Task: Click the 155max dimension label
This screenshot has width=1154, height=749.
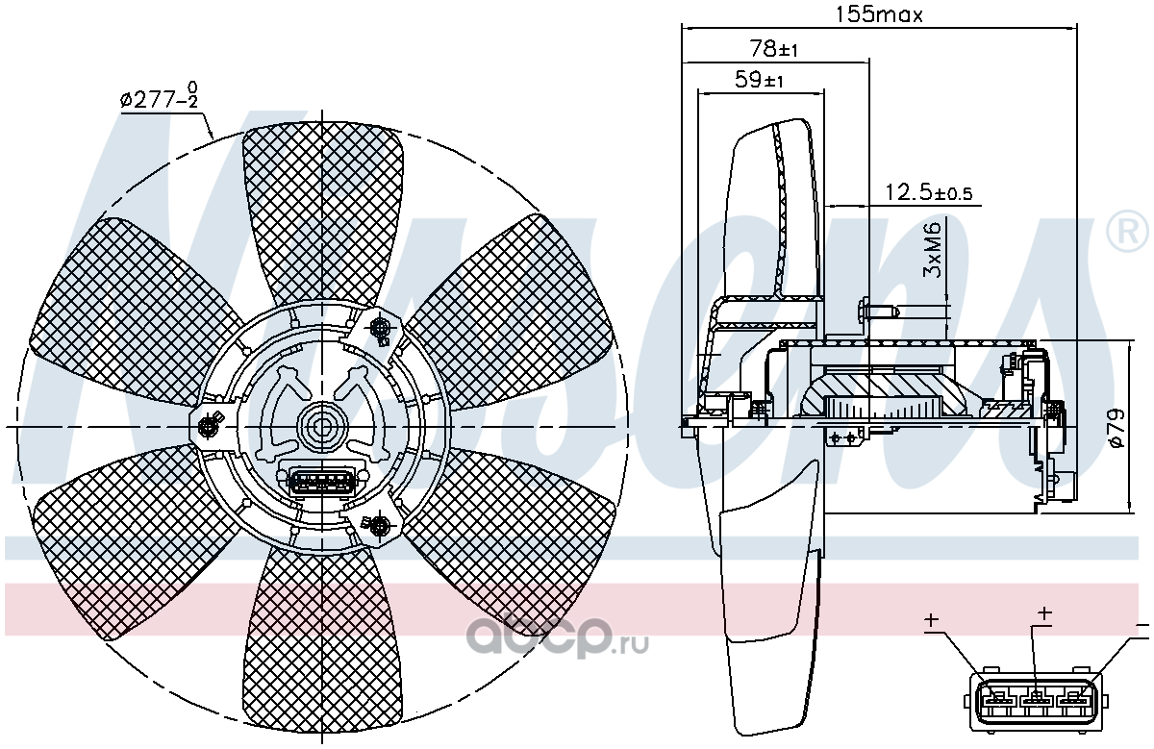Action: click(878, 15)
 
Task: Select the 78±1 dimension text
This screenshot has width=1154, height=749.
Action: click(773, 49)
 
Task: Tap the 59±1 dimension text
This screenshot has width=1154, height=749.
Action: click(759, 80)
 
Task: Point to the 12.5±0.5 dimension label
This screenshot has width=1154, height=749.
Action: click(928, 192)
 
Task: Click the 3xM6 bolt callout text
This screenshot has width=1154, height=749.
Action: click(933, 250)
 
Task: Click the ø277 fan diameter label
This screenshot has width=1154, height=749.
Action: click(159, 96)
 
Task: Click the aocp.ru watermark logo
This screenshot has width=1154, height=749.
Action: click(557, 638)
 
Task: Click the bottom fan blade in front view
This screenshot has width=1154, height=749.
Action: click(323, 638)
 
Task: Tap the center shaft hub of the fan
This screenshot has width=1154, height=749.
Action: click(322, 427)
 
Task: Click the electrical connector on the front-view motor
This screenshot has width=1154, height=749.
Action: click(321, 482)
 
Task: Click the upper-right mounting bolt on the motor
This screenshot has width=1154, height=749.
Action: click(380, 328)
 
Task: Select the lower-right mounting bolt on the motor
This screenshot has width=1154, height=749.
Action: click(379, 525)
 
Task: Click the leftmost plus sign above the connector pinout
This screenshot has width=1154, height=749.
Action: click(931, 621)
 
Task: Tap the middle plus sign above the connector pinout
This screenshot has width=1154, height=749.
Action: click(1043, 613)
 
